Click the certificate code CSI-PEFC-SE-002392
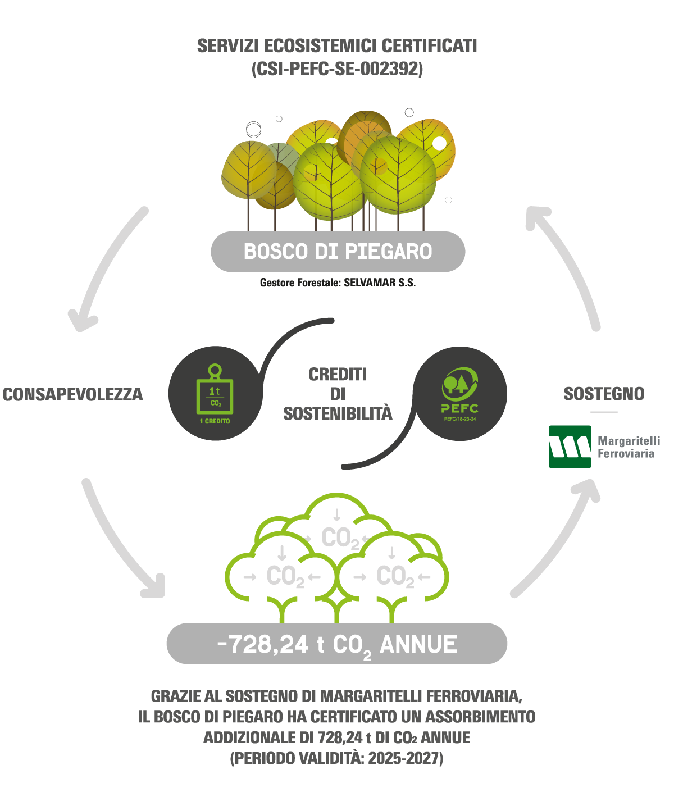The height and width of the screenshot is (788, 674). coord(337,69)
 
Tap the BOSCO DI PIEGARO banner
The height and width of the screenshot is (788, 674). coord(338,252)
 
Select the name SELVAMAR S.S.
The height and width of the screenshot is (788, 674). coord(379,283)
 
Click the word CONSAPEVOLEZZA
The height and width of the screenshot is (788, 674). coord(73,394)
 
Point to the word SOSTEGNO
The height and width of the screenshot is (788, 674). coord(604,394)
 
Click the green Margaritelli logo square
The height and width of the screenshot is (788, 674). coord(570,447)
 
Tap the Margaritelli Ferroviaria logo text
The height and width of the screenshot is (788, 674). coord(629,447)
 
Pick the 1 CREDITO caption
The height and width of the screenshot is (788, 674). coord(215,421)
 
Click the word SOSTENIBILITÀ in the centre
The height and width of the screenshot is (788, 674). coord(338,413)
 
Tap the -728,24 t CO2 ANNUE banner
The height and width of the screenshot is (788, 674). coord(337,644)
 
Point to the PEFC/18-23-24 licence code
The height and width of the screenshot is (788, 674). coord(460,419)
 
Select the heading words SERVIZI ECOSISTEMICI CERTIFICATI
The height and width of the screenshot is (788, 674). coord(337,45)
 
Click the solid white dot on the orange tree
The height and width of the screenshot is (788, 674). coord(439,143)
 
